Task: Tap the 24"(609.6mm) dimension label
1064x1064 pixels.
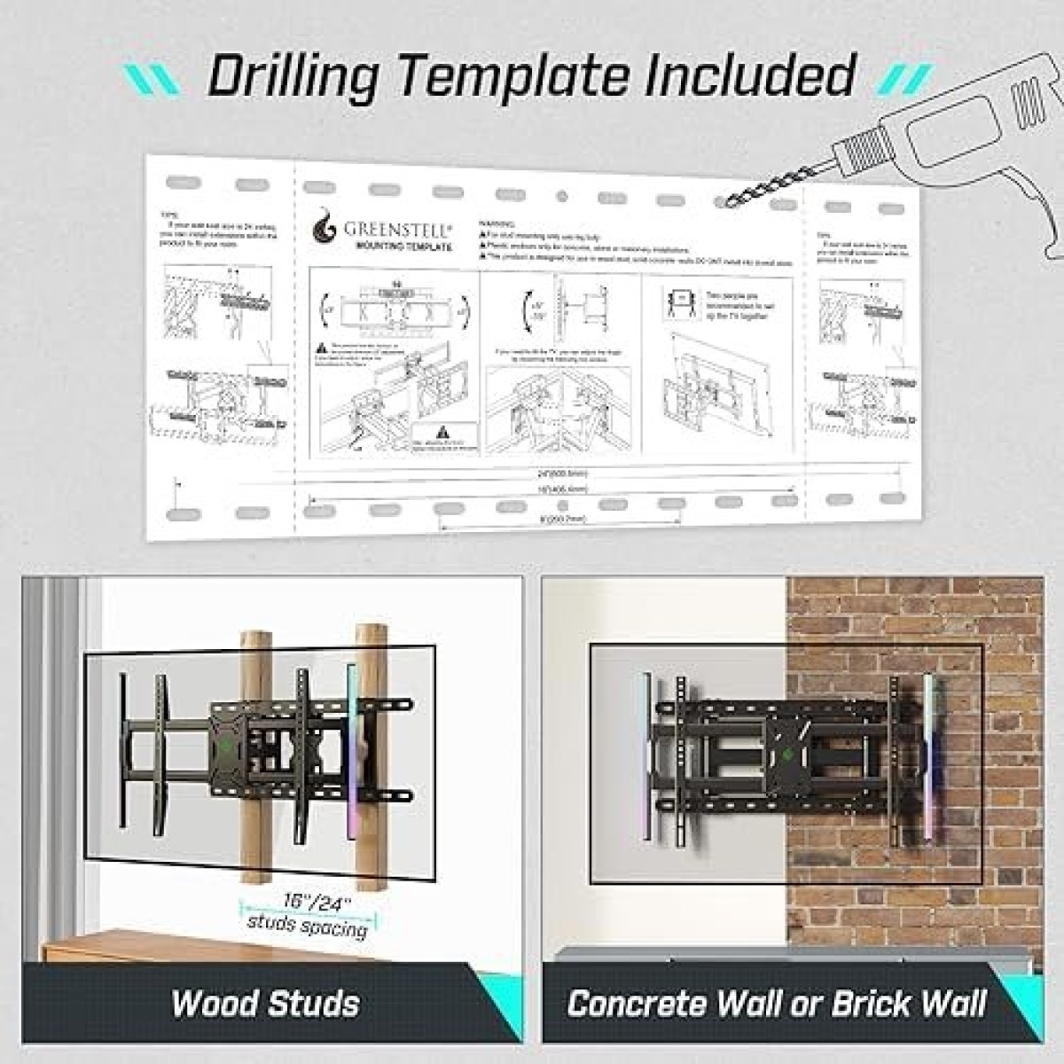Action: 568,474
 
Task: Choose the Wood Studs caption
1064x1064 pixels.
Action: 265,1004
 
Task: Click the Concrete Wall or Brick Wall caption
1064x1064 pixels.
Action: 776,1004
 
